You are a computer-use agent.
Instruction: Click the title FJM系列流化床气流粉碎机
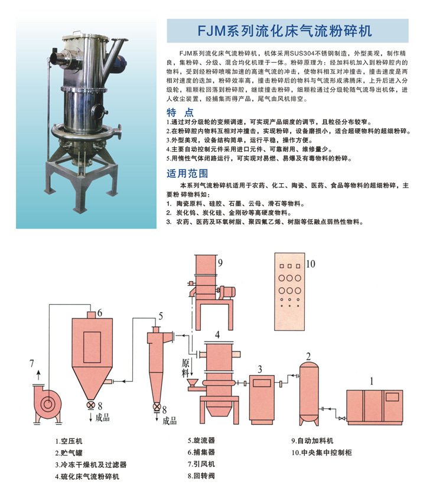tap(288, 30)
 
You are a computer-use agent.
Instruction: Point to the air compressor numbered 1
tap(374, 406)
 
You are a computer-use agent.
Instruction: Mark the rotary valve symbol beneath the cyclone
tap(157, 407)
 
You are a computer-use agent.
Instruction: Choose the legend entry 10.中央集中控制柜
tap(321, 453)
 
